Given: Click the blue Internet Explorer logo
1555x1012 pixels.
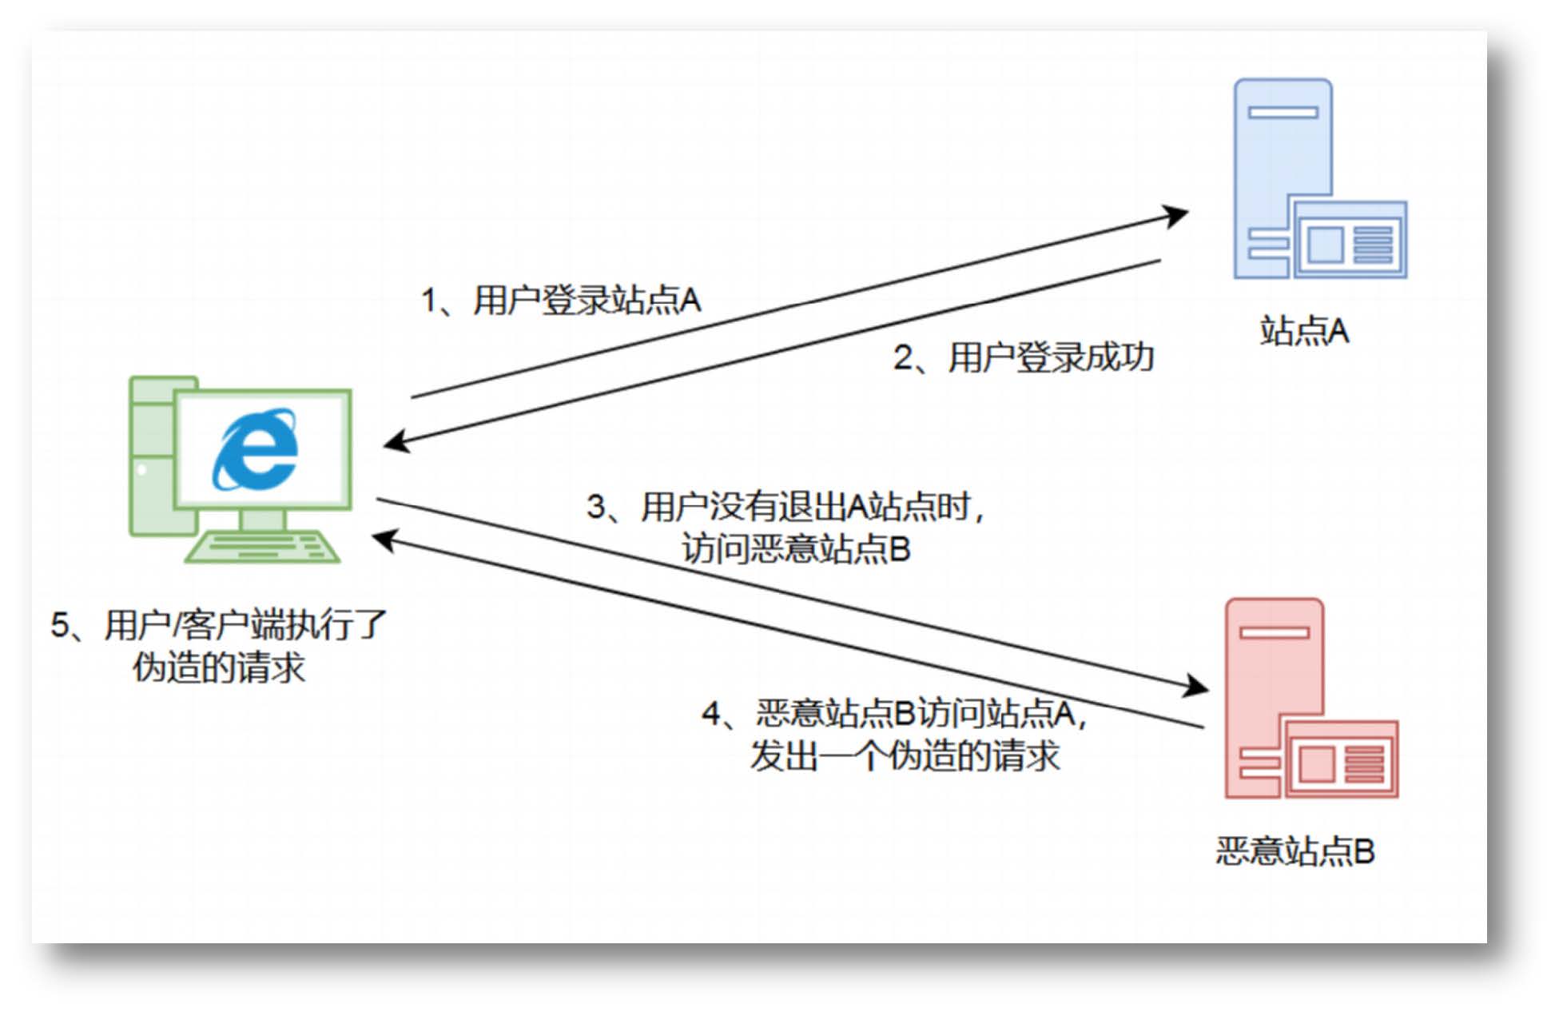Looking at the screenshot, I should click(x=255, y=449).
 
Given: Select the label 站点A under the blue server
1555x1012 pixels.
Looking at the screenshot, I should click(x=1304, y=331).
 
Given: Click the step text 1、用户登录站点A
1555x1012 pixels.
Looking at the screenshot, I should click(x=561, y=301).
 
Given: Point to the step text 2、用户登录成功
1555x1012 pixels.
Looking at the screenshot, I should click(x=1023, y=357).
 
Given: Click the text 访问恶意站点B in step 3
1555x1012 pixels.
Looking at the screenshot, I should click(x=796, y=549).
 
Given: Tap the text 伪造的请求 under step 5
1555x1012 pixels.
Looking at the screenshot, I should click(x=219, y=667).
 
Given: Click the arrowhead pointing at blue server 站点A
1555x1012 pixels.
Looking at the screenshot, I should click(x=1175, y=214).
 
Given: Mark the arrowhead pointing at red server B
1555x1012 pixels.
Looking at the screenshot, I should click(x=1195, y=686).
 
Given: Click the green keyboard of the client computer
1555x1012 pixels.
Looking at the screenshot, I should click(x=263, y=547).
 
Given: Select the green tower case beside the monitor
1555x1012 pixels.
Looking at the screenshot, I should click(x=152, y=456).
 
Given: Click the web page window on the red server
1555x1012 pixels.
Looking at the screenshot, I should click(x=1341, y=760).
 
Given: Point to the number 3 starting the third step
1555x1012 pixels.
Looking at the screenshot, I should click(x=596, y=507).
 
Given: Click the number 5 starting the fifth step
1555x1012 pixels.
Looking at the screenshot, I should click(x=60, y=625).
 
